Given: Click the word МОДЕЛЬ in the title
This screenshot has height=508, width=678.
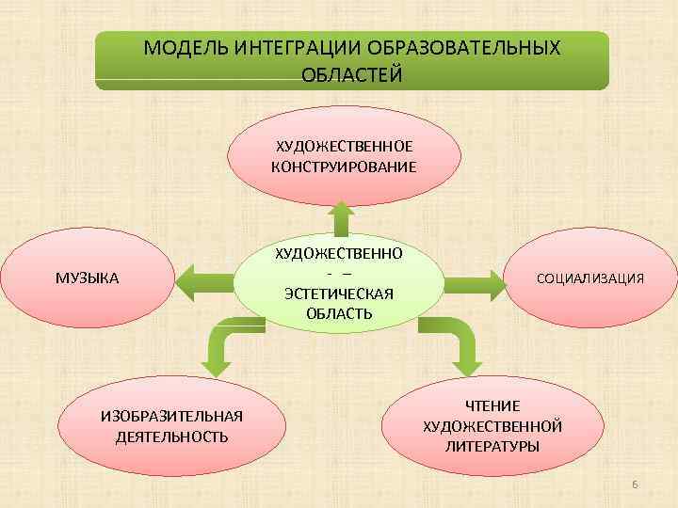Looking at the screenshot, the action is click(177, 48).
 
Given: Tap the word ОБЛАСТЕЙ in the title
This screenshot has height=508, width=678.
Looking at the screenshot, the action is click(351, 74).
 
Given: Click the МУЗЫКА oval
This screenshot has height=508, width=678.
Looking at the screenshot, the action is click(87, 278).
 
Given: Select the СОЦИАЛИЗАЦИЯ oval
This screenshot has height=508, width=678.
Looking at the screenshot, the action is click(589, 278).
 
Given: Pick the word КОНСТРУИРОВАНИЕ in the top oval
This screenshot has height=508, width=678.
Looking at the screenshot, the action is click(344, 167).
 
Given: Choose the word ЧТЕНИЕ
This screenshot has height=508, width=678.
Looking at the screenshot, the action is click(492, 406).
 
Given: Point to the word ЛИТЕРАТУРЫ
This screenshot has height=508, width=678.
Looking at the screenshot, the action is click(492, 446).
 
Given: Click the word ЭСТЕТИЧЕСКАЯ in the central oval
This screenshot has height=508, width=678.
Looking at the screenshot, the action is click(339, 293).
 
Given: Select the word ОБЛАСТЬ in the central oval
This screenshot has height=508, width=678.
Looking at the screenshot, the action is click(339, 312).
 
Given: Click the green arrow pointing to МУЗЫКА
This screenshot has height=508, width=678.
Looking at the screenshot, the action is click(204, 279).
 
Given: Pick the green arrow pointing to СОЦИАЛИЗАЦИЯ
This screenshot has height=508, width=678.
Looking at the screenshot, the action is click(476, 279).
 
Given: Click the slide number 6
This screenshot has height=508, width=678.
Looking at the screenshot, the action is click(635, 484).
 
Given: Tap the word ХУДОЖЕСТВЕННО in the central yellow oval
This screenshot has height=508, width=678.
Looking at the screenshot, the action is click(339, 253).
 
